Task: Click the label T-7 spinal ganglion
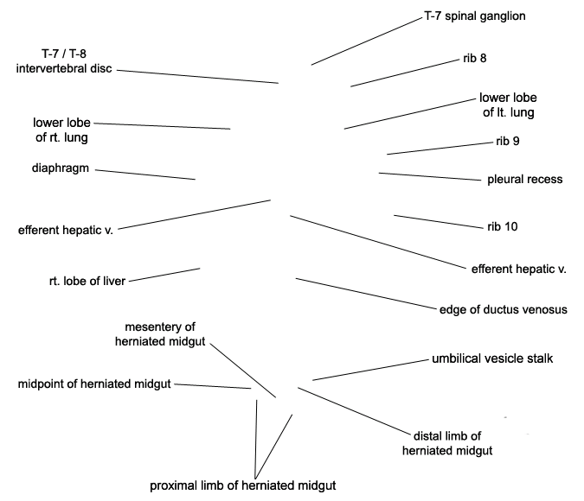(x=475, y=16)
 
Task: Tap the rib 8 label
(x=475, y=59)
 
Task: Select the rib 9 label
(x=508, y=142)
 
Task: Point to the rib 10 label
(x=503, y=226)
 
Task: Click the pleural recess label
(x=525, y=180)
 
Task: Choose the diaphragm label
(x=61, y=168)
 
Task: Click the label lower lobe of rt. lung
(x=61, y=130)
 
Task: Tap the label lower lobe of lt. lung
(x=508, y=105)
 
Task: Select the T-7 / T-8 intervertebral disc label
(x=64, y=61)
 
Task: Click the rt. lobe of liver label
(x=87, y=282)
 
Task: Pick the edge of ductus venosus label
(x=504, y=310)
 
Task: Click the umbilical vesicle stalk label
(x=492, y=358)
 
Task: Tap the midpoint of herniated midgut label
(x=94, y=384)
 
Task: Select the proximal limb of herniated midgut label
(x=243, y=485)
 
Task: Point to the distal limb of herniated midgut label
(x=447, y=443)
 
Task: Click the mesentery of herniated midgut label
(x=160, y=334)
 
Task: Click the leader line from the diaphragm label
(x=145, y=174)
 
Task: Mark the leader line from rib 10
(x=439, y=222)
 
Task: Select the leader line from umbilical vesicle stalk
(x=370, y=370)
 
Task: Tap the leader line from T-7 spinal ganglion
(x=367, y=41)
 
